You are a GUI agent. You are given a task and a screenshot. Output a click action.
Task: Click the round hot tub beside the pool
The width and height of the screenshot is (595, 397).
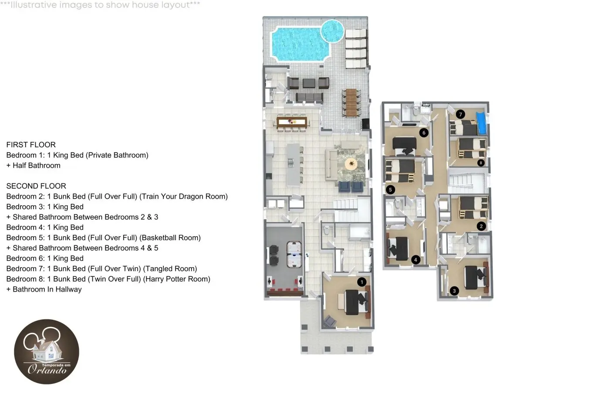pos(332,31)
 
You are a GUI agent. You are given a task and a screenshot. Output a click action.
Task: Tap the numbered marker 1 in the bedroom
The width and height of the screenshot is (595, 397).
pos(362,282)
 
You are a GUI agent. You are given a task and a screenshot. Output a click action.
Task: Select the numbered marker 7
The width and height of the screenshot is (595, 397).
pos(460,114)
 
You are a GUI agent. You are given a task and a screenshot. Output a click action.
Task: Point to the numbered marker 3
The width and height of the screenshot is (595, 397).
pos(454,291)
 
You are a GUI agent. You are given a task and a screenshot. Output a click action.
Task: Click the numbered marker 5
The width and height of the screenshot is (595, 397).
pos(390,190)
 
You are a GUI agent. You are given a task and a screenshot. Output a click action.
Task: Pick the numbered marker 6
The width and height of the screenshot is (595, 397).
pos(424,132)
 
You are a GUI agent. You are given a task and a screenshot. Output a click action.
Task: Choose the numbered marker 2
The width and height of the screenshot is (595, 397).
pos(481,227)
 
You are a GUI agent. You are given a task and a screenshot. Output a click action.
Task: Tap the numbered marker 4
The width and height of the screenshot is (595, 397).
pos(416,260)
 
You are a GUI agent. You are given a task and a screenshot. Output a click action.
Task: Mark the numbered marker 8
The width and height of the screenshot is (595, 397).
pos(481,163)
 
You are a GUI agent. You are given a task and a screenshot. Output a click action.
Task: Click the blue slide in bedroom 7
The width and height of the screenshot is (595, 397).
pos(481,123)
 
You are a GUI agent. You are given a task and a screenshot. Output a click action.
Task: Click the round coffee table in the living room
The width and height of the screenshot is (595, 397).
pos(352,164)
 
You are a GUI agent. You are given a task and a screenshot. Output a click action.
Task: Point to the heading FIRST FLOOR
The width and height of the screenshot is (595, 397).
pos(31,145)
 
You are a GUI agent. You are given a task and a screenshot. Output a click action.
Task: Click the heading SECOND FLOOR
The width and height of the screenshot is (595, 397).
pos(36,186)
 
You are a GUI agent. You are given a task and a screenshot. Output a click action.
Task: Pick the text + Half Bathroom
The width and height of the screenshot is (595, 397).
pos(34,166)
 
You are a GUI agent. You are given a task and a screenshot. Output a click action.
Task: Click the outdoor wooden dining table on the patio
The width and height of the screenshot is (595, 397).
pos(351,102)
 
